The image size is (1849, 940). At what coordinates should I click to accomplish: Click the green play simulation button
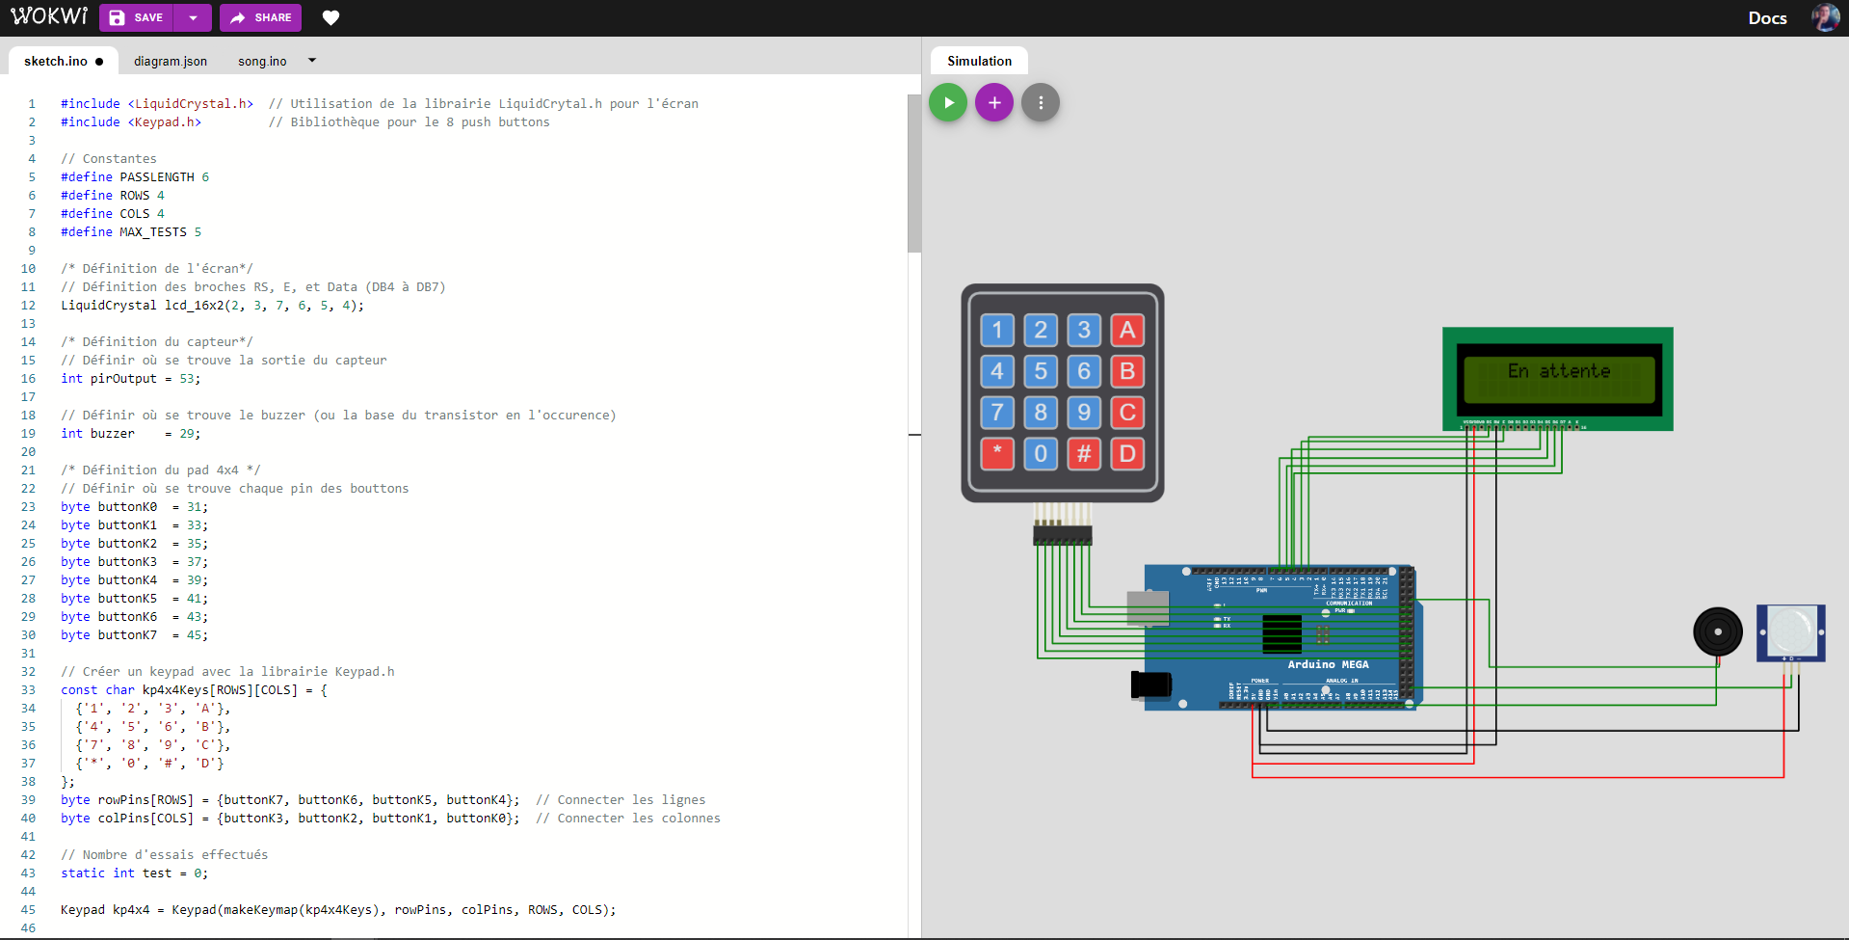tap(948, 102)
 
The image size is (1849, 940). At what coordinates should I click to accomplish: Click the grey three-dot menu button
tap(1041, 102)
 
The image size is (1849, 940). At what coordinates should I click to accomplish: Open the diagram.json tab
tap(171, 61)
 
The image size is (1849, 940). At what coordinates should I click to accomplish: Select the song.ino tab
tap(262, 61)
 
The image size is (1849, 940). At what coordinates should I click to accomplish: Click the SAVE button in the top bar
tap(137, 17)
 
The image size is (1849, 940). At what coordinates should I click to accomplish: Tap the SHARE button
tap(260, 17)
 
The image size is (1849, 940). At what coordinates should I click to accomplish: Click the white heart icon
tap(330, 17)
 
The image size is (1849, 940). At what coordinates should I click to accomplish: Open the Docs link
tap(1767, 17)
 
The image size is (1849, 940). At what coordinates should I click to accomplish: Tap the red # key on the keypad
tap(1084, 453)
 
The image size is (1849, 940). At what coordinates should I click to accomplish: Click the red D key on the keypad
tap(1127, 453)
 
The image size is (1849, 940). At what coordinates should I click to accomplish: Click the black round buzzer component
tap(1718, 631)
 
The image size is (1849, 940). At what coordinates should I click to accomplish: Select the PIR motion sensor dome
tap(1791, 631)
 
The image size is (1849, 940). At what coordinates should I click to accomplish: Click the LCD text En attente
tap(1558, 371)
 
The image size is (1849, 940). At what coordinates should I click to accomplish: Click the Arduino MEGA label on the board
tap(1328, 664)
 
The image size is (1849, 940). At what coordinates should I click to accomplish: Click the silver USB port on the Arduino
tap(1148, 608)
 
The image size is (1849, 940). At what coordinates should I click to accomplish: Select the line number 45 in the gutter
tap(28, 909)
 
